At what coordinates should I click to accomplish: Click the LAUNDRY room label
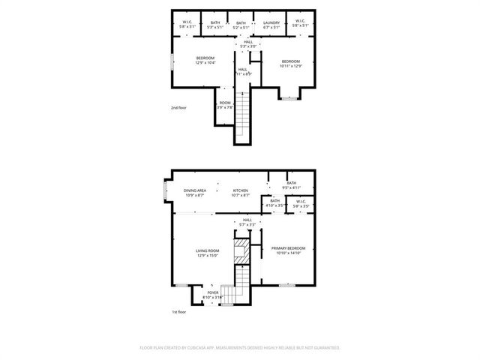click(x=271, y=23)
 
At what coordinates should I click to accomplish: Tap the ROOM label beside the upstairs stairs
click(x=225, y=103)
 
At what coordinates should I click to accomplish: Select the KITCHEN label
click(x=240, y=190)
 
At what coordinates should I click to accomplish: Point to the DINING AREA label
click(x=195, y=190)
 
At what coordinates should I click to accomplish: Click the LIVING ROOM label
click(x=208, y=250)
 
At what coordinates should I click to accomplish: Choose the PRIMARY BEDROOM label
click(x=289, y=248)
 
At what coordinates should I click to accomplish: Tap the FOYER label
click(x=213, y=292)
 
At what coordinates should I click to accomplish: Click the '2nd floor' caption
click(x=178, y=108)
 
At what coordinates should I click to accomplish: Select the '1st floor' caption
click(x=178, y=312)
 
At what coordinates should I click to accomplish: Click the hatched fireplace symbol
click(x=241, y=251)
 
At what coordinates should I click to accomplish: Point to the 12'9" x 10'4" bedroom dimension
click(x=205, y=63)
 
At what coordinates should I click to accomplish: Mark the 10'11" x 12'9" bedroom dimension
click(x=291, y=66)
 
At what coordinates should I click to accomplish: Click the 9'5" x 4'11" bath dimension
click(x=291, y=187)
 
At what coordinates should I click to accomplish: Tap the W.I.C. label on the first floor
click(x=300, y=201)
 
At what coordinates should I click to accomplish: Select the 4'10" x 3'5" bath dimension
click(x=274, y=205)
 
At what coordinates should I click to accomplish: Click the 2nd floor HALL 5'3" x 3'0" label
click(x=247, y=44)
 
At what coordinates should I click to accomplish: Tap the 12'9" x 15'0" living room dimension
click(x=208, y=256)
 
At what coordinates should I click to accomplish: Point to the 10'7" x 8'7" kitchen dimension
click(x=240, y=196)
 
